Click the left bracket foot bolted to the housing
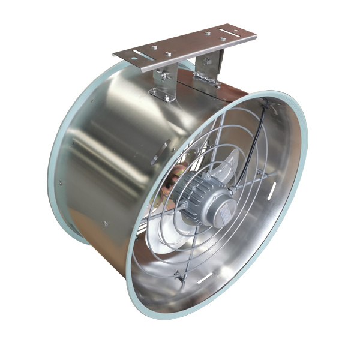(x=161, y=94)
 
